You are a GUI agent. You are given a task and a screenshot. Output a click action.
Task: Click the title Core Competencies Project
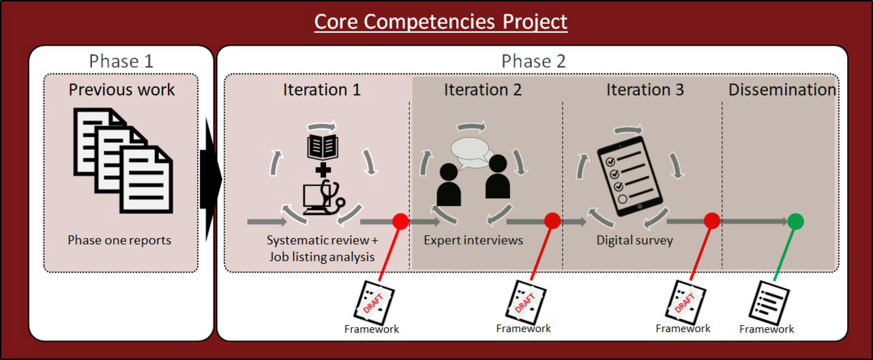point(441,21)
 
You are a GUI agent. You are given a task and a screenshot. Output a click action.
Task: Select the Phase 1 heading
point(121,61)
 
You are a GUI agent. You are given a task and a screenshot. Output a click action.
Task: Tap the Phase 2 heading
point(533,61)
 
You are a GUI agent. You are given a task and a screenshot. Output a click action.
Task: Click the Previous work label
point(121,89)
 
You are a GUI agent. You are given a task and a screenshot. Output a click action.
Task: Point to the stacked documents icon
point(123,160)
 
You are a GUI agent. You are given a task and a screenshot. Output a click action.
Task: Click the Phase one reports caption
point(119,240)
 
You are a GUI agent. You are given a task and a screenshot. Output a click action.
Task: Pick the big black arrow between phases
point(211,179)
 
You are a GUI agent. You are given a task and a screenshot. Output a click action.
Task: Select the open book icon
point(323,147)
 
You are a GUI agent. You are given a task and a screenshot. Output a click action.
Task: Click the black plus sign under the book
point(323,170)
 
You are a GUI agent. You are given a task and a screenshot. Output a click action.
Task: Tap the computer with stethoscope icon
point(324,197)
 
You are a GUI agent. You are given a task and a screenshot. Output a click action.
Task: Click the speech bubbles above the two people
point(471,152)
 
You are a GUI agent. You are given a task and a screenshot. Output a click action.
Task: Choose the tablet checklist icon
point(630,176)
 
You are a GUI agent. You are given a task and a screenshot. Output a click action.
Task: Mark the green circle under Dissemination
point(795,222)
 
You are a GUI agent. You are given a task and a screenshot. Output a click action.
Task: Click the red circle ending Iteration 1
point(400,222)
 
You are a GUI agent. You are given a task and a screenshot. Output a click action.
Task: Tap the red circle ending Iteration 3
point(712,221)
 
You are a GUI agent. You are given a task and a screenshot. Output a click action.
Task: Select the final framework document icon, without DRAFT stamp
point(769,303)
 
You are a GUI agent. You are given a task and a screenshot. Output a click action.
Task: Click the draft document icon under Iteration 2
point(525,302)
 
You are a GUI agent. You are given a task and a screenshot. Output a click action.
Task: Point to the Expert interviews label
point(473,240)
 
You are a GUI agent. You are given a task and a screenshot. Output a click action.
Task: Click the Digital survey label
point(634,240)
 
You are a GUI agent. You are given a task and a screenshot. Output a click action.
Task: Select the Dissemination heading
point(782,89)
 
